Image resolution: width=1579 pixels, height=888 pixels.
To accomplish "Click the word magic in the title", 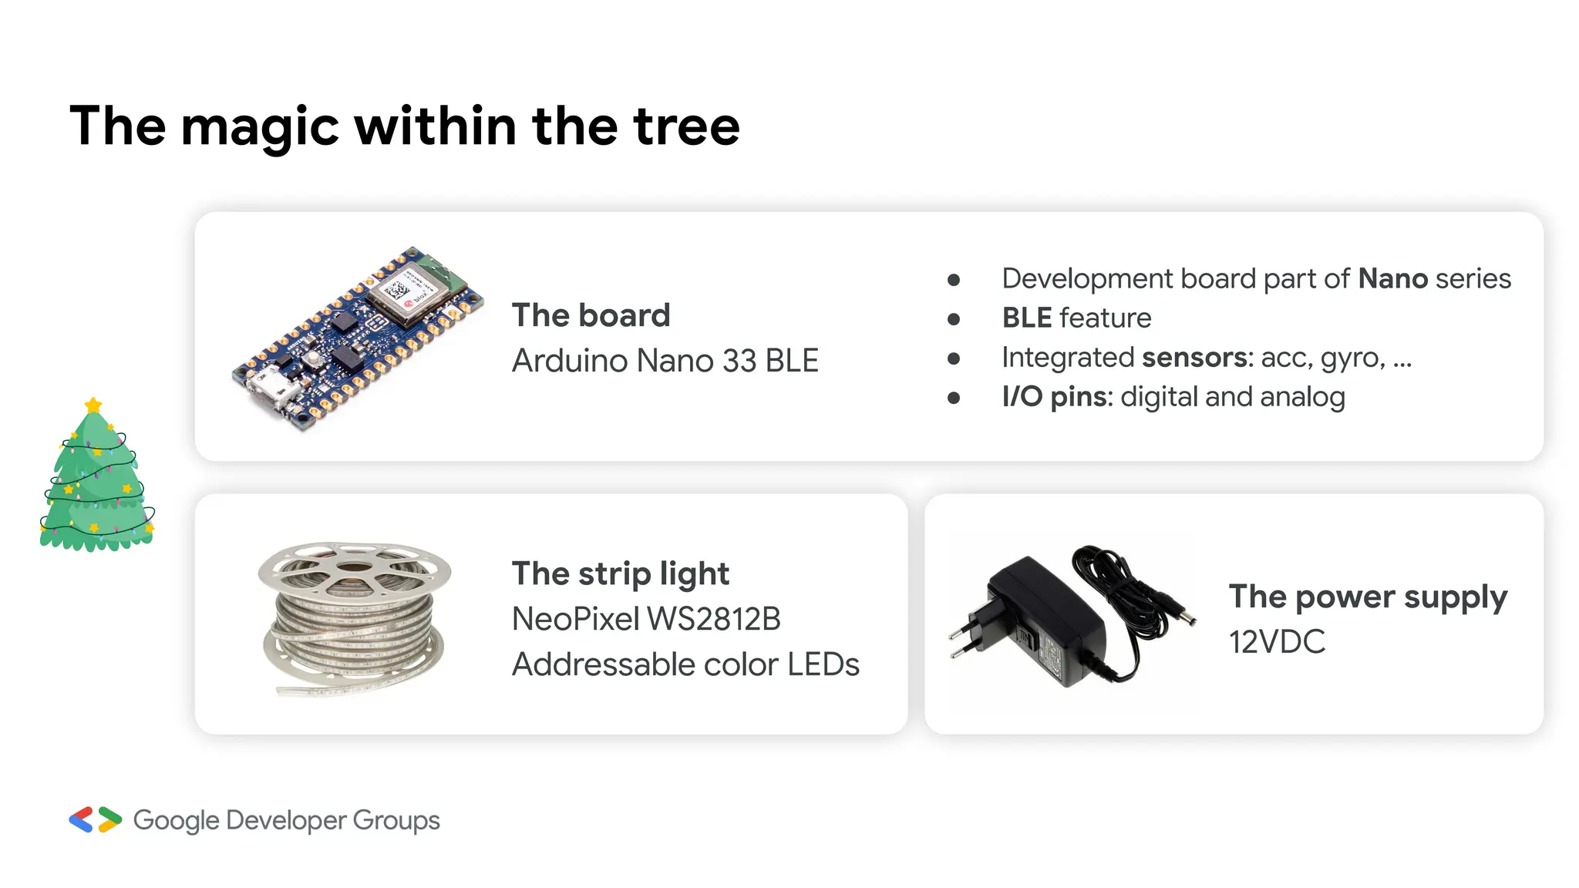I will pos(260,127).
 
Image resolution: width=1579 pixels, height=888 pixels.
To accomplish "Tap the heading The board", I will pos(591,315).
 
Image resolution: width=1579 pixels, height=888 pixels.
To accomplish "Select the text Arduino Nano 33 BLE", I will pos(665,361).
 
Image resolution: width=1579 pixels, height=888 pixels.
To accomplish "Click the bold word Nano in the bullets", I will pos(1392,278).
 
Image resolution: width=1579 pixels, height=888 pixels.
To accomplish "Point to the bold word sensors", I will pos(1194,358).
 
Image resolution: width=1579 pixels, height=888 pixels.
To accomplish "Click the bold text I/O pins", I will pos(1054,397).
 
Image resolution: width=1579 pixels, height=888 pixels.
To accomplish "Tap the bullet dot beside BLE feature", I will pos(954,319).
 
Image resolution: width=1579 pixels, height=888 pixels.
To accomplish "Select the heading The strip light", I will pos(620,573).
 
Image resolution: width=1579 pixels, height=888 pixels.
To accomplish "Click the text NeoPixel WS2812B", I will pos(646,619).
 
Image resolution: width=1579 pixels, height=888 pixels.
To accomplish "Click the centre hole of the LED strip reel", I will pos(354,568).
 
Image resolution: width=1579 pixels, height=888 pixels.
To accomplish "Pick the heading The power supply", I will pos(1368,597).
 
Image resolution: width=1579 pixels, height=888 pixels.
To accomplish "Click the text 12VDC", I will pos(1277,642).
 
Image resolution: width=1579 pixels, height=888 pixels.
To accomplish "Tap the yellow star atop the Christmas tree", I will pos(93,405).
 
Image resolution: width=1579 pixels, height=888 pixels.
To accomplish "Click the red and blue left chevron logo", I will pos(81,820).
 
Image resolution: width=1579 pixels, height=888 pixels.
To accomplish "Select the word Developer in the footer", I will pos(286,821).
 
